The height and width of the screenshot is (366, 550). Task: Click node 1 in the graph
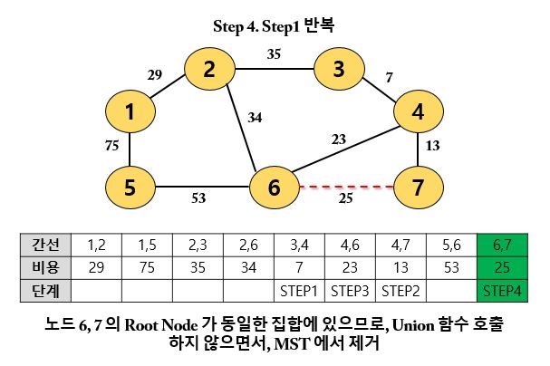coord(131,112)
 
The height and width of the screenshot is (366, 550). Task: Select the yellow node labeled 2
coord(210,70)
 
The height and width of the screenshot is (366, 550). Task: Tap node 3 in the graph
coord(338,69)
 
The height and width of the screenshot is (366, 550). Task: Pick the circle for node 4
coord(418,112)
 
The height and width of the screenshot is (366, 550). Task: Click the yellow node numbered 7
coord(418,188)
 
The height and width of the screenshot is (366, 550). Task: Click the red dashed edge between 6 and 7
coord(344,188)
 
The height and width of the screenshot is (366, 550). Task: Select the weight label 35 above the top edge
coord(275,53)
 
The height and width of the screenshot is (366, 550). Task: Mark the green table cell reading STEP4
coord(502,290)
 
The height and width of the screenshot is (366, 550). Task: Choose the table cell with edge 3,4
coord(298,246)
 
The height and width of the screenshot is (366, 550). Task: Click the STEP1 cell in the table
coord(298,290)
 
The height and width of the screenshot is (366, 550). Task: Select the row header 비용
coord(44,268)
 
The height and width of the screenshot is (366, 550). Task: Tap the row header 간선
coord(44,246)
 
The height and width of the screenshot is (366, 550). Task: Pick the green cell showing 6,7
coord(502,246)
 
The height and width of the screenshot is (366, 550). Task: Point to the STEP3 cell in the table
coord(349,290)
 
